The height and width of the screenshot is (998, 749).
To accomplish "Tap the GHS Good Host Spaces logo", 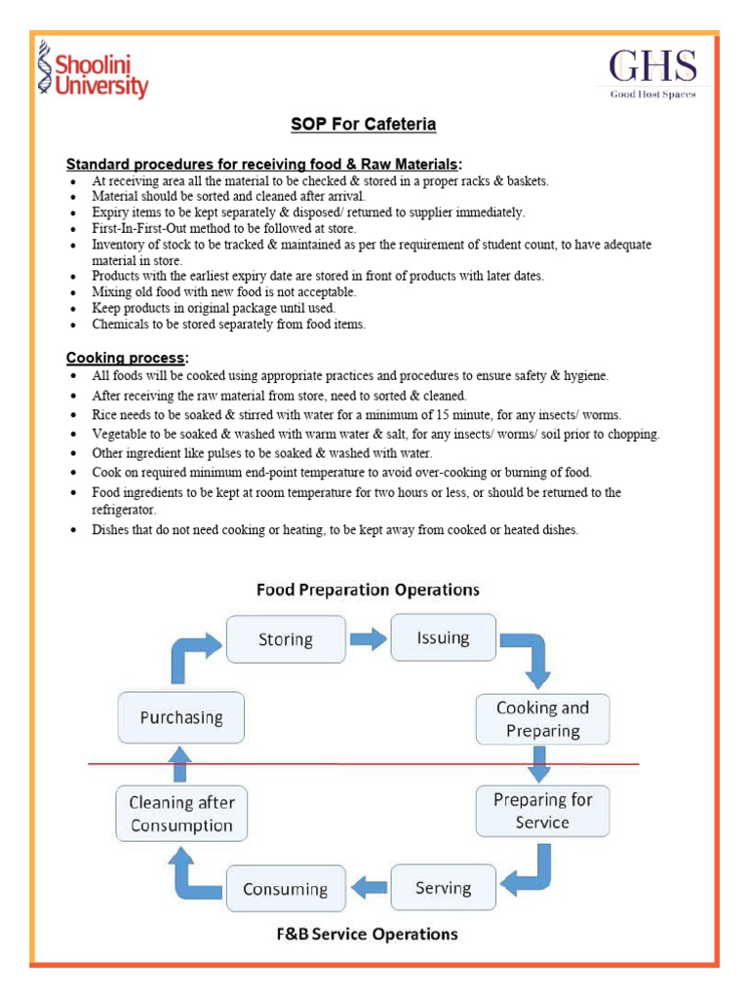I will click(x=652, y=73).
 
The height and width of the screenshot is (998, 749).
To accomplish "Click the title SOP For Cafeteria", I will click(x=363, y=125).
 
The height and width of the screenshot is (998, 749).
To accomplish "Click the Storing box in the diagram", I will click(x=285, y=639).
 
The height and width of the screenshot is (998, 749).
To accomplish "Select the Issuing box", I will click(x=443, y=638).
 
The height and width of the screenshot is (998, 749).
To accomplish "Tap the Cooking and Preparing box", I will click(x=542, y=719).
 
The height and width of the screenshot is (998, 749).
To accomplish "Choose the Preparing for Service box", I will click(x=542, y=811).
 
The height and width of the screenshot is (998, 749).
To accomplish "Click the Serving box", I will click(x=443, y=888).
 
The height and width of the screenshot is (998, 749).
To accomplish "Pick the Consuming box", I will click(x=285, y=889).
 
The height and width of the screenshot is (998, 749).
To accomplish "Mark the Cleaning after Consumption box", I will click(x=181, y=814).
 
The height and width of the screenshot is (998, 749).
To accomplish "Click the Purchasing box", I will click(x=181, y=717).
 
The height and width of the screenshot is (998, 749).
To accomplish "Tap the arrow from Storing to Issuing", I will click(x=368, y=639).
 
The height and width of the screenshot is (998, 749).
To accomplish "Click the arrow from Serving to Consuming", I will click(x=368, y=888).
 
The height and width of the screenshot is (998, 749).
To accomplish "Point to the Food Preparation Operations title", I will click(x=368, y=590).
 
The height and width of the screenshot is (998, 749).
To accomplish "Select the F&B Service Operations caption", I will click(x=366, y=934).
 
